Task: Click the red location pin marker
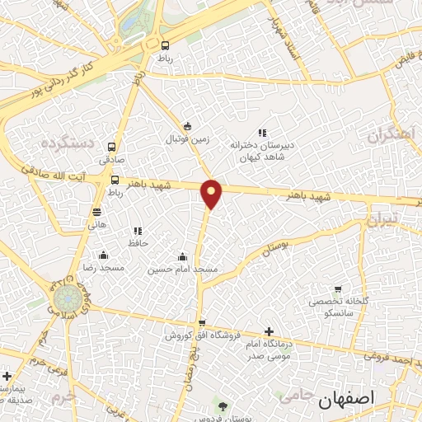(212, 193)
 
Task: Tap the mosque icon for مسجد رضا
(103, 255)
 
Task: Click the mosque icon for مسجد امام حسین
(182, 256)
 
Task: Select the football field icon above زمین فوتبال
(189, 126)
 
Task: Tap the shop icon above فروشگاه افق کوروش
(202, 322)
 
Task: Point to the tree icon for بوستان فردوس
(222, 404)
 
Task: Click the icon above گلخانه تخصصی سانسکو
(338, 289)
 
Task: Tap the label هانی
(97, 223)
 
